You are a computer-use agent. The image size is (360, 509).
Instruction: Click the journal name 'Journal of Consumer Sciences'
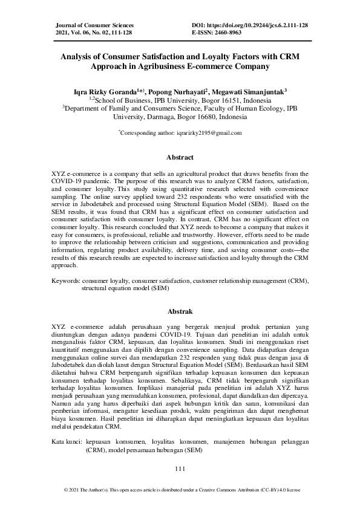pyautogui.click(x=94, y=25)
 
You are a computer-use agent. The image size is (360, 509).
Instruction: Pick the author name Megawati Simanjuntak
pyautogui.click(x=252, y=91)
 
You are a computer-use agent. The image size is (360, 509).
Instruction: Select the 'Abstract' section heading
pyautogui.click(x=180, y=158)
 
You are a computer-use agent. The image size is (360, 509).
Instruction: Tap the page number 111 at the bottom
pyautogui.click(x=180, y=468)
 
